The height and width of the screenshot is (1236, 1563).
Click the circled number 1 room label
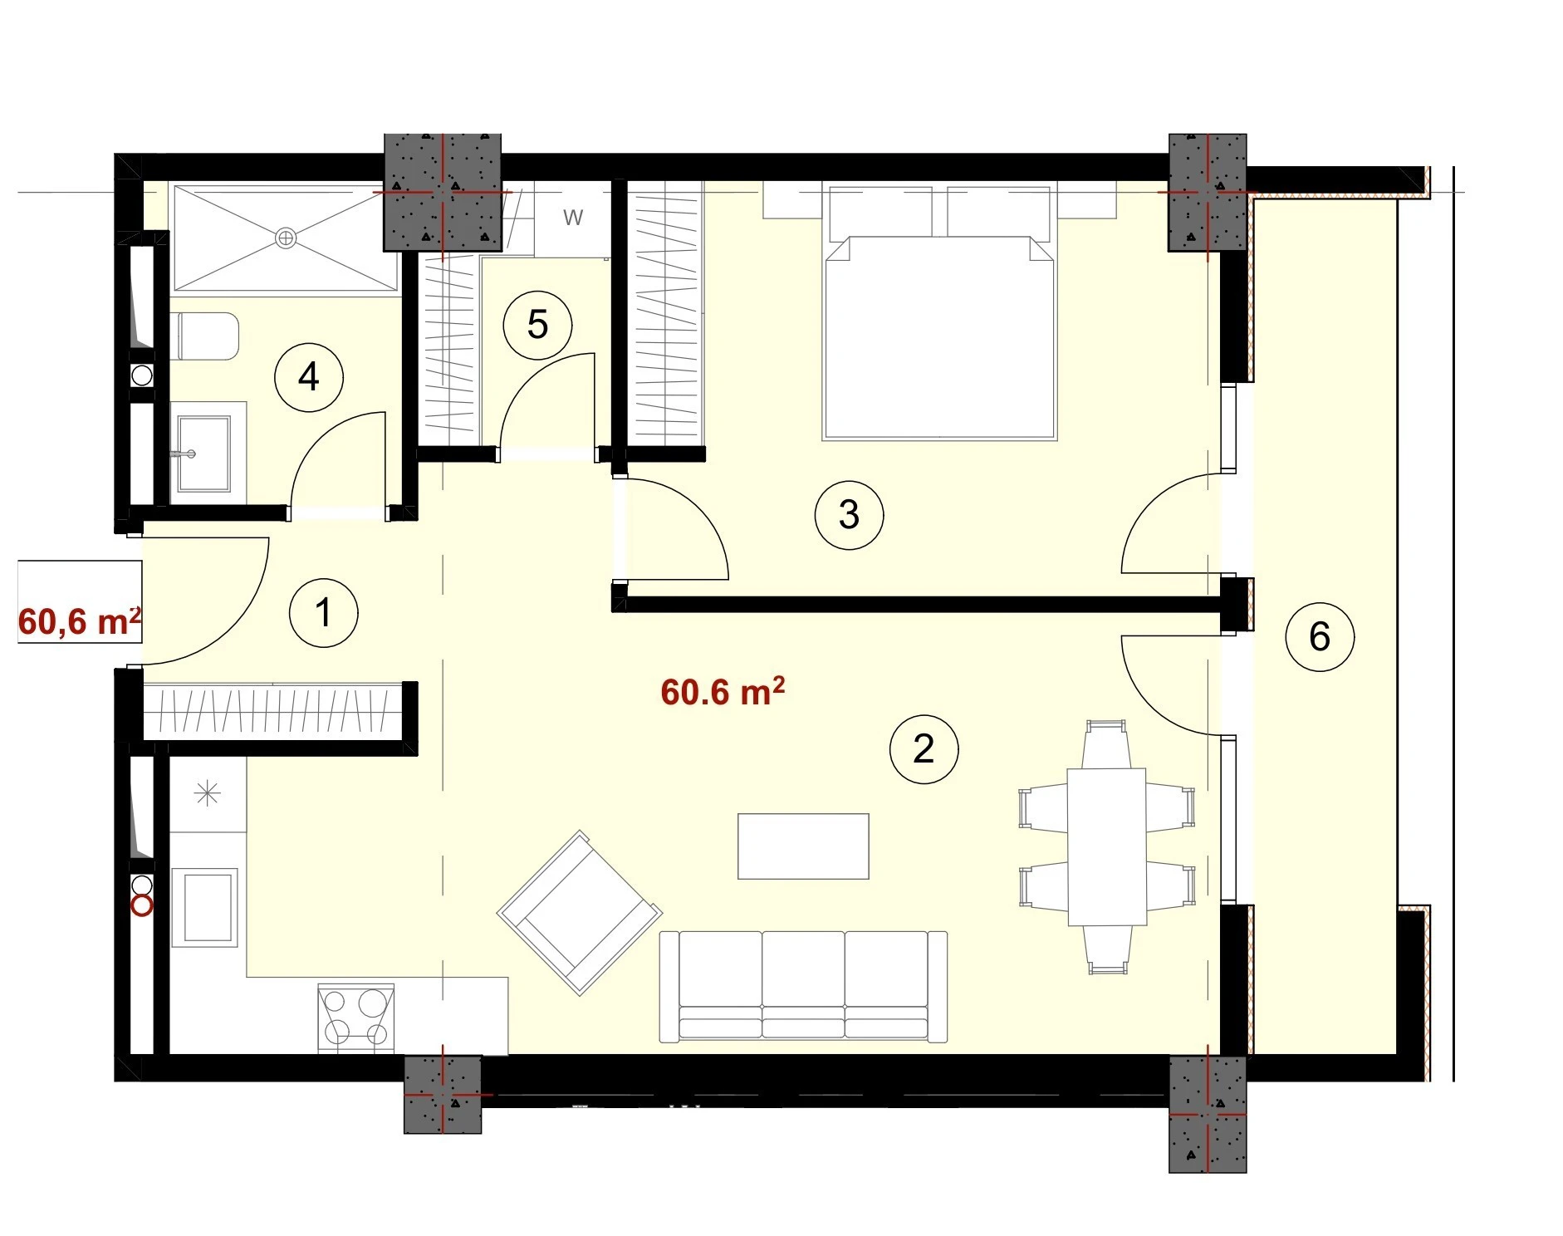coord(323,613)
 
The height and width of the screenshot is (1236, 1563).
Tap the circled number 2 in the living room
coord(924,749)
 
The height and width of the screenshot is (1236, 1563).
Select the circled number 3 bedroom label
coord(849,514)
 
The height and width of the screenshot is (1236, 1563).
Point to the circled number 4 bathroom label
coord(309,377)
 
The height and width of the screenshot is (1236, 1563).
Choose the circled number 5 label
coord(538,325)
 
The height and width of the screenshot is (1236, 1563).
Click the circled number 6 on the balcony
coord(1320,637)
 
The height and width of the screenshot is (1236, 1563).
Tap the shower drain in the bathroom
coord(286,238)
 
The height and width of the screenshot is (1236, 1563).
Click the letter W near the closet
coord(573,218)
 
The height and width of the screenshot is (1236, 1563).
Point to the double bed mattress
coord(939,336)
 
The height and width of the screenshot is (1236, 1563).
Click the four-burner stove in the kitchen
coord(356,1018)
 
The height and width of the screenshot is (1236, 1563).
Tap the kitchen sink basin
coord(205,907)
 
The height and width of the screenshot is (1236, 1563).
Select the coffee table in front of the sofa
coord(803,846)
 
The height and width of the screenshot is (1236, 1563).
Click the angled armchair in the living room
coord(580,912)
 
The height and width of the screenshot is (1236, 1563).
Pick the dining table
coord(1107,846)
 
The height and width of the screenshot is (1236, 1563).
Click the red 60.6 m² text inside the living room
coord(723,692)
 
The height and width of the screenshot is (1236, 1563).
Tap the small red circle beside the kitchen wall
coord(143,905)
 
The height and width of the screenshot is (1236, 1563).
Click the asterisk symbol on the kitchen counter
coord(207,794)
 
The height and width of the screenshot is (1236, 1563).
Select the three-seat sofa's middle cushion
coord(803,984)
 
